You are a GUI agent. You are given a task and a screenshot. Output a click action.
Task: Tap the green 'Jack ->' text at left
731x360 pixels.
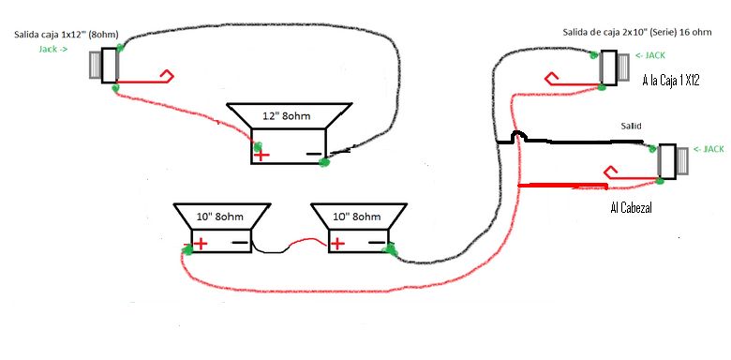[x=53, y=48]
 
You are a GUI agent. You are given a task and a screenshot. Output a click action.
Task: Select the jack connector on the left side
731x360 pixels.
[x=104, y=66]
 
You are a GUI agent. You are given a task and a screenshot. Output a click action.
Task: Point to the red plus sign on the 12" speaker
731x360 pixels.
[x=261, y=155]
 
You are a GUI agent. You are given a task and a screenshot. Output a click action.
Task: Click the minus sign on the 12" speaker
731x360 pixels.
[x=314, y=154]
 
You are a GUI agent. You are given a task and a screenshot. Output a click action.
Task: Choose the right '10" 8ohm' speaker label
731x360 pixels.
[x=357, y=217]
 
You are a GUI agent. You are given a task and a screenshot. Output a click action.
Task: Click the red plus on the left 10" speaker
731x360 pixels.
[x=201, y=244]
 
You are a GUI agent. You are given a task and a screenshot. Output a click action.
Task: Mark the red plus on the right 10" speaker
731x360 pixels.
[x=337, y=244]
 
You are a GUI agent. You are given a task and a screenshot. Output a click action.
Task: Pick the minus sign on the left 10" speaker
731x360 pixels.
[x=240, y=242]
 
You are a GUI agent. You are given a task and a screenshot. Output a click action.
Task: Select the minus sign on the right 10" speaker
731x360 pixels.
[x=376, y=242]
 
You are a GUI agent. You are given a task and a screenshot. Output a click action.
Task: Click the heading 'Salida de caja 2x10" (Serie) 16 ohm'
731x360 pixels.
[x=637, y=32]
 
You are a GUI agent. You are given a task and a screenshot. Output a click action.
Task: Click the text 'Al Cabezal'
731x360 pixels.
[x=631, y=208]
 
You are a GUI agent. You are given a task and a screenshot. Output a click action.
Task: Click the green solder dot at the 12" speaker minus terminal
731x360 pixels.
[x=322, y=162]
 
